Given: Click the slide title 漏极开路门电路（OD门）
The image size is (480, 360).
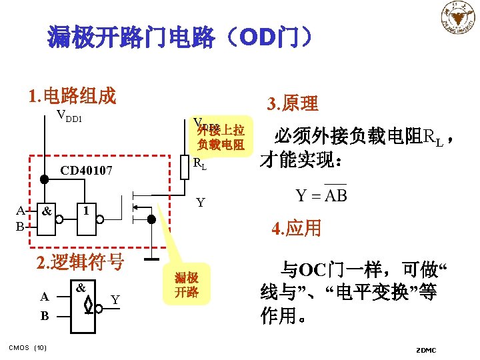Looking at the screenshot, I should pos(179,37).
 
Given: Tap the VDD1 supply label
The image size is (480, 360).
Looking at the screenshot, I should pos(69,117).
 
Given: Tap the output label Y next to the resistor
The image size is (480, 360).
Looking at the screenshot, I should pos(200,203).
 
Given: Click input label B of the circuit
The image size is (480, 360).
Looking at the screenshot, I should pos(21,227).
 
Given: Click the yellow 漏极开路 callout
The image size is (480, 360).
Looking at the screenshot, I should pos(187,285).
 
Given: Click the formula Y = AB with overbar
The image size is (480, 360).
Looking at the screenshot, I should pos(321,195).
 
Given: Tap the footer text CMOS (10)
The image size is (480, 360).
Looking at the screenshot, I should pos(27,347).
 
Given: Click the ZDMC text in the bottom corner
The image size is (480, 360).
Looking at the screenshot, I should pos(425,350).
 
